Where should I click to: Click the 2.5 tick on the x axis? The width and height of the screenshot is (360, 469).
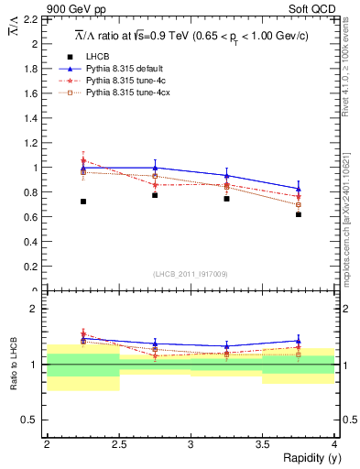tap(118, 444)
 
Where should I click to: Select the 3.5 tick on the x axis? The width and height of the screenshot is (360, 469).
tap(262, 444)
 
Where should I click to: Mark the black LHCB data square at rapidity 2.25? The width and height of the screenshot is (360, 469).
tap(83, 202)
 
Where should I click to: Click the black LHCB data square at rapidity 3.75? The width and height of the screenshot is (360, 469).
tap(299, 214)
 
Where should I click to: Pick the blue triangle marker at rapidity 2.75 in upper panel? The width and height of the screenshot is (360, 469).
tap(155, 168)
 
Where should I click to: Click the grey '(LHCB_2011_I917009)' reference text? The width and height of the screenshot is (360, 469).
tap(191, 274)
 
